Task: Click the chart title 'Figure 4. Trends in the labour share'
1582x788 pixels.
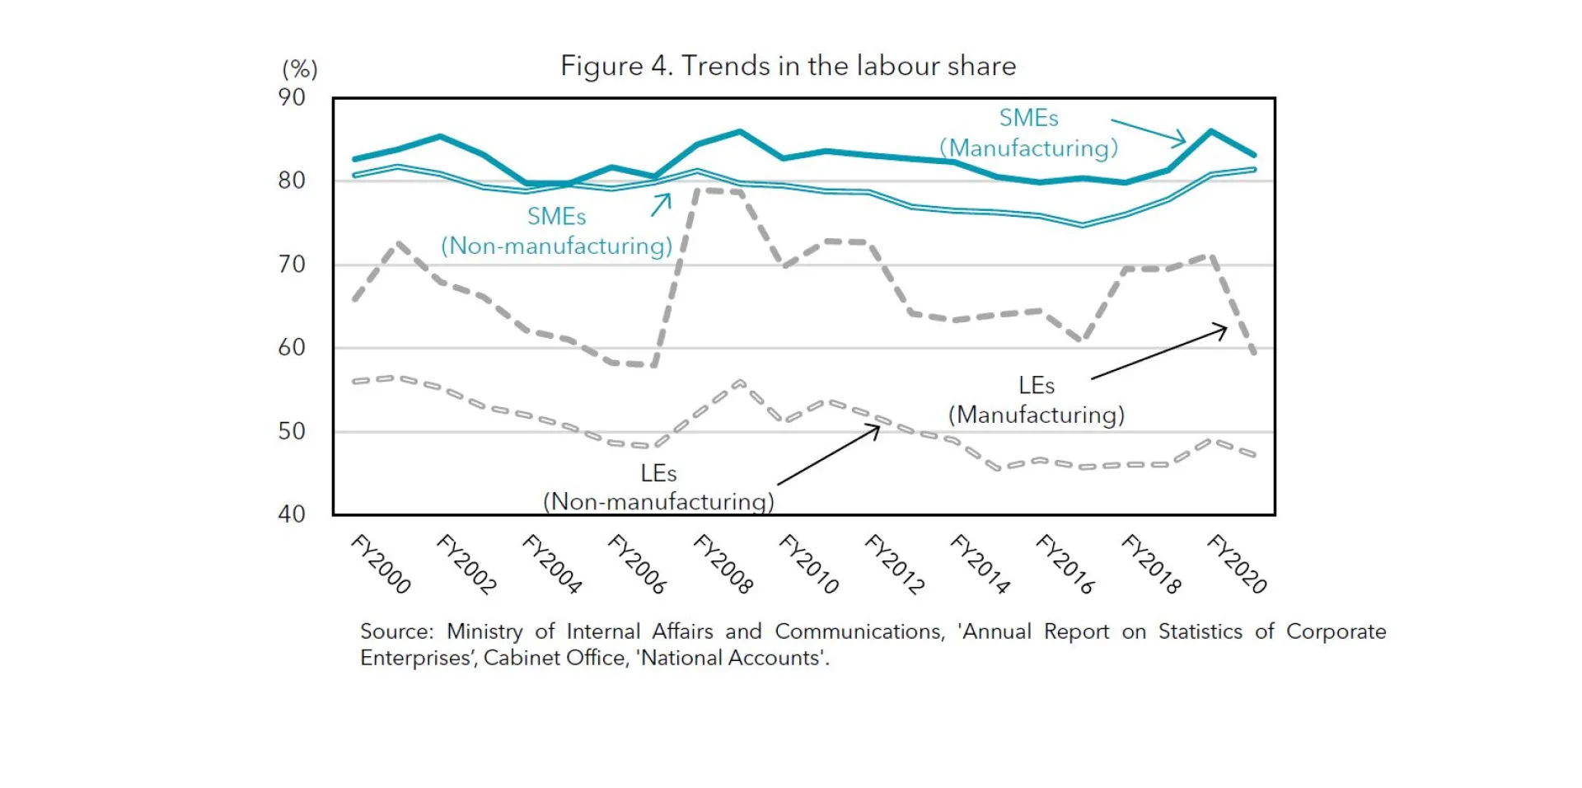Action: [788, 66]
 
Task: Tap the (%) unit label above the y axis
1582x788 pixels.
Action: [299, 69]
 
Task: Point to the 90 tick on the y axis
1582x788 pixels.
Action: [292, 97]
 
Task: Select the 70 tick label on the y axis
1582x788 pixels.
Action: [292, 265]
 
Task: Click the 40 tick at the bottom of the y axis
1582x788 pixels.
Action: [292, 514]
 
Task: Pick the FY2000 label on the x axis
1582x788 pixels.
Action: [381, 564]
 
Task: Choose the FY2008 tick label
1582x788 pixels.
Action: [723, 564]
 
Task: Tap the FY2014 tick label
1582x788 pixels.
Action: [981, 564]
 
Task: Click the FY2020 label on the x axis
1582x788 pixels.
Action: [1238, 564]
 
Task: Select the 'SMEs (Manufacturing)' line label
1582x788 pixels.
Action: [1029, 134]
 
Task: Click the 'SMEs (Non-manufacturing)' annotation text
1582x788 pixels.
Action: [557, 232]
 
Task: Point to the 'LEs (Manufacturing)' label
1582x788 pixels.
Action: [1037, 401]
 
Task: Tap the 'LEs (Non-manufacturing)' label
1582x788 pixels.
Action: [658, 488]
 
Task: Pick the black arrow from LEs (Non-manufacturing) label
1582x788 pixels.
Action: [829, 455]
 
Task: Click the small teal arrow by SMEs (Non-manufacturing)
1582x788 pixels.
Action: [661, 205]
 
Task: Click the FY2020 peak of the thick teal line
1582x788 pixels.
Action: [1210, 131]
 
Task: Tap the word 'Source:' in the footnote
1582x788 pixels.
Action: [396, 632]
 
